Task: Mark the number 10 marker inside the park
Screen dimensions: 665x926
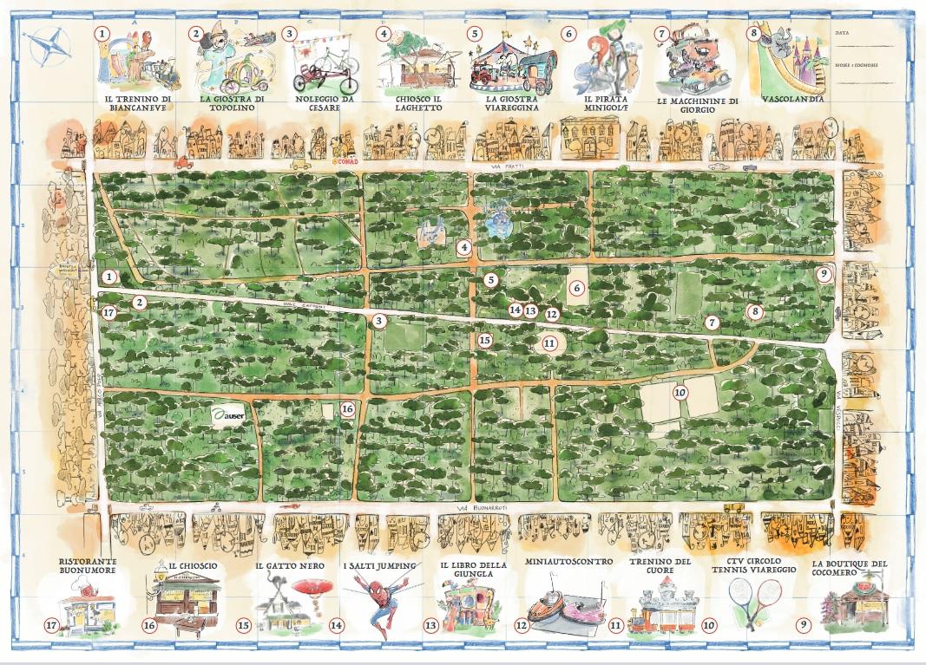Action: (x=680, y=392)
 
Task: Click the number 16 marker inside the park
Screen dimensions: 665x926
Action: (x=348, y=408)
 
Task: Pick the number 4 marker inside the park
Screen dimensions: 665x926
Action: (x=465, y=248)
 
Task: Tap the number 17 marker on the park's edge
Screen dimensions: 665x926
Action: (x=108, y=313)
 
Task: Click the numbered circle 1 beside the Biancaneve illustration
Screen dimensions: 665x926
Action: (x=103, y=33)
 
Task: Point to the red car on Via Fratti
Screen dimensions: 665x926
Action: (x=183, y=161)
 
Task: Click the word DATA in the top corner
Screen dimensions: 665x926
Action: (x=843, y=32)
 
